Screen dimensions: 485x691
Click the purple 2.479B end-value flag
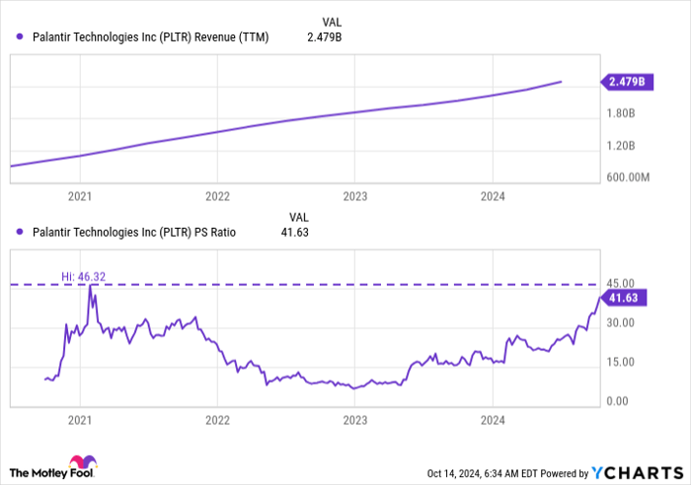626,83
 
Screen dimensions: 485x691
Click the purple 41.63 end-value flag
626,297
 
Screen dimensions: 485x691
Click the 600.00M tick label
628,177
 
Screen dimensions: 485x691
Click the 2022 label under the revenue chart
217,196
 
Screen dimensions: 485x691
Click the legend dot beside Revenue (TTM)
21,36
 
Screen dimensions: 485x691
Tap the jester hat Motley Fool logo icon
79,462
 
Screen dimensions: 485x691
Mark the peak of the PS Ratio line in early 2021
90,286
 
